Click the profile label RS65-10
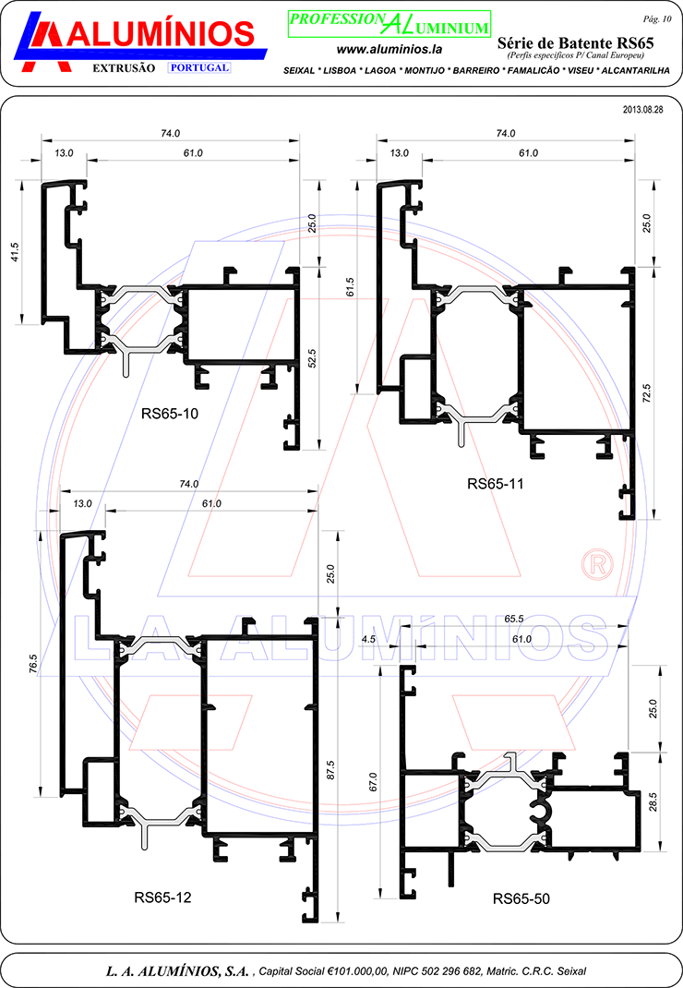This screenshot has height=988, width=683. point(170,414)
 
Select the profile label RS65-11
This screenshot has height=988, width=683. point(496,483)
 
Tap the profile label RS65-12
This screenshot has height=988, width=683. point(162,898)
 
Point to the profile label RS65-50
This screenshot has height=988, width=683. point(521,898)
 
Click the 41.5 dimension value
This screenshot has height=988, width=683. point(15,252)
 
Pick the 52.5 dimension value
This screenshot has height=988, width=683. point(311,358)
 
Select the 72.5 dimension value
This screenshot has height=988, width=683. point(646,393)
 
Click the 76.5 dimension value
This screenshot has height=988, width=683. point(33,664)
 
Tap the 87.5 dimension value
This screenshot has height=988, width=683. point(330,771)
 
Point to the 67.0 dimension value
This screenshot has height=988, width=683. point(372,781)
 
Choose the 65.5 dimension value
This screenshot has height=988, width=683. point(513,619)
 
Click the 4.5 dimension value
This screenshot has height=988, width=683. point(368,639)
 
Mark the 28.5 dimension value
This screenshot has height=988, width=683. point(653,801)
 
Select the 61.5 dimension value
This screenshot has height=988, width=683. point(351,286)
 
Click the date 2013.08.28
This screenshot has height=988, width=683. point(642,109)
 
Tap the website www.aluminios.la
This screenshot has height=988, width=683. point(389,49)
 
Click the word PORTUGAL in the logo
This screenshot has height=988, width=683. point(199,67)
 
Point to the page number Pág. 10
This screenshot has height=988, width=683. point(657,18)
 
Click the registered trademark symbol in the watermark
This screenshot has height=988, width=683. point(596,564)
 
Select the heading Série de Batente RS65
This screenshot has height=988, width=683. point(575,42)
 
